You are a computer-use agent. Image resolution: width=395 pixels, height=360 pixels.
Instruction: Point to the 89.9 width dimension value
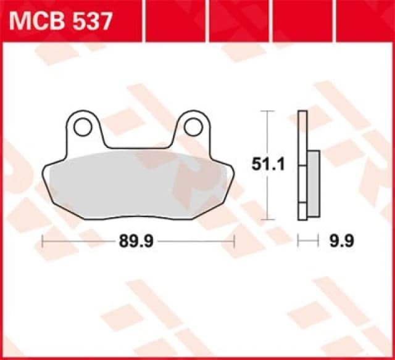[x=136, y=242]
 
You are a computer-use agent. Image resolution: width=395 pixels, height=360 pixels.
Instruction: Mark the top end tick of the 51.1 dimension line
[x=266, y=111]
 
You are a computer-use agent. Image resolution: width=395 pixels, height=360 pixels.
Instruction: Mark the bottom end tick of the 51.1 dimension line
[x=266, y=219]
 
